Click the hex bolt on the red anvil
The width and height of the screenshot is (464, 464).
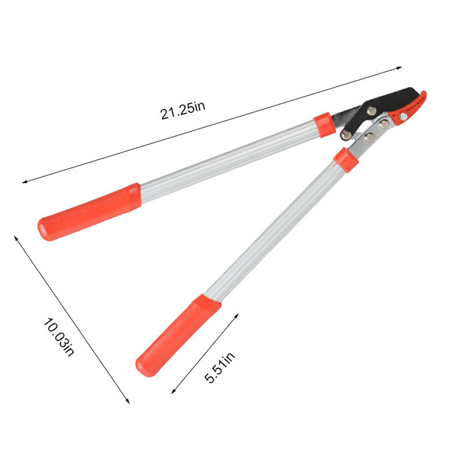403,117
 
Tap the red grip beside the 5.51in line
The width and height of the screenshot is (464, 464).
179,334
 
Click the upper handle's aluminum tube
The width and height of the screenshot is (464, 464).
227,158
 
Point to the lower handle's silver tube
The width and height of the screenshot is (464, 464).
274,232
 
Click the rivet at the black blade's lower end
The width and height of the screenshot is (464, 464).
346,135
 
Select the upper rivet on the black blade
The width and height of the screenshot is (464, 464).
372,110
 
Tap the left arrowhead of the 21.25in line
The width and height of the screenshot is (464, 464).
24,182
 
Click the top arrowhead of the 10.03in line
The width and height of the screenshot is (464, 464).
16,237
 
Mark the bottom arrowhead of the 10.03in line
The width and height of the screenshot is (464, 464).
128,401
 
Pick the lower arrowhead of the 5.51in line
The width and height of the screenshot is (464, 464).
174,392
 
